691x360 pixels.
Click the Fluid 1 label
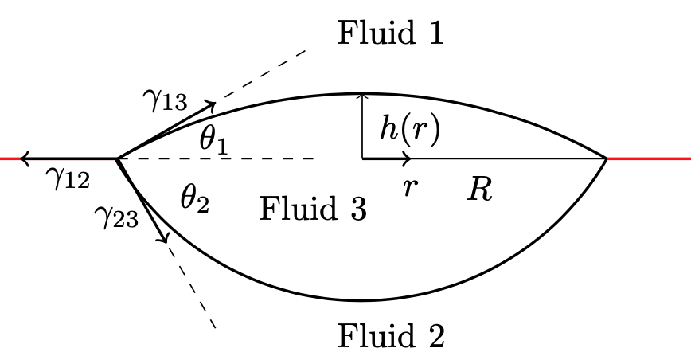point(390,34)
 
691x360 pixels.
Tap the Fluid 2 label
point(390,336)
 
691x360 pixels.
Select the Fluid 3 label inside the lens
point(313,209)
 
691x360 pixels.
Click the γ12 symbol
point(67,179)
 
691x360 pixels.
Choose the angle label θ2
point(193,198)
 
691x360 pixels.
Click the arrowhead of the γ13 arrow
point(213,104)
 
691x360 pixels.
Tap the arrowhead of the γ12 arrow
point(24,158)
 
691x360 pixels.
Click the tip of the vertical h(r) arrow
point(363,95)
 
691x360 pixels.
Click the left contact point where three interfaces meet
point(118,158)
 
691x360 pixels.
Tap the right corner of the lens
point(608,158)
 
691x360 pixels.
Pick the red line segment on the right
point(650,158)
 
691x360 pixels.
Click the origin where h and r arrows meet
point(363,158)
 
